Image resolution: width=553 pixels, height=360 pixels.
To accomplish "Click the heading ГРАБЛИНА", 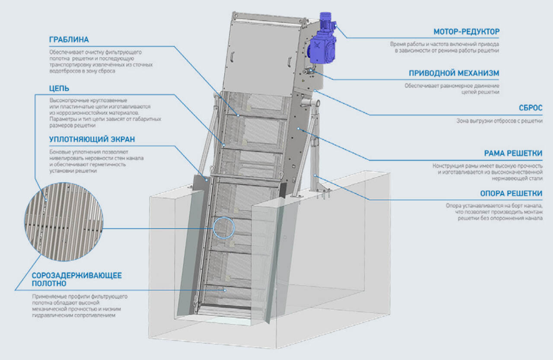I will pos(69,40).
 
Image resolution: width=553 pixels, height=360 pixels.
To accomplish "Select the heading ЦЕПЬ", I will pos(59,89).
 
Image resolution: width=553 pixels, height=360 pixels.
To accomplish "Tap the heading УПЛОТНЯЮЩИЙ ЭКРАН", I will pos(92,139).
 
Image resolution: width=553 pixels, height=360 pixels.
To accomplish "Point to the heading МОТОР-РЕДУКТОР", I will pos(466,32).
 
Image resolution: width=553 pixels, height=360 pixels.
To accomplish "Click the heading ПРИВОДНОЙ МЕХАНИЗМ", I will pos(454,73).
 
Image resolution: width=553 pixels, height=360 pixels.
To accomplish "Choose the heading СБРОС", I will pos(530,108).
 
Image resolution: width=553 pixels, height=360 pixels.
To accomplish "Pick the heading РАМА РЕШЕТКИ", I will pos(513,153).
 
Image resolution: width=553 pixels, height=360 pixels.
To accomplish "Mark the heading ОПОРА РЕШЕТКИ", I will pos(511,193).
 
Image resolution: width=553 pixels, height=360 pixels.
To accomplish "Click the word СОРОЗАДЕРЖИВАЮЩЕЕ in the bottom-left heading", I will pos(77,275).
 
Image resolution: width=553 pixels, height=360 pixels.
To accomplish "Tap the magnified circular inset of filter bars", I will pos(64,222).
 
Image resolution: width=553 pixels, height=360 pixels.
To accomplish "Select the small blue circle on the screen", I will pos(223,228).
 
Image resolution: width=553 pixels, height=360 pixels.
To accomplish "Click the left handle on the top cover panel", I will pos(232,57).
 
